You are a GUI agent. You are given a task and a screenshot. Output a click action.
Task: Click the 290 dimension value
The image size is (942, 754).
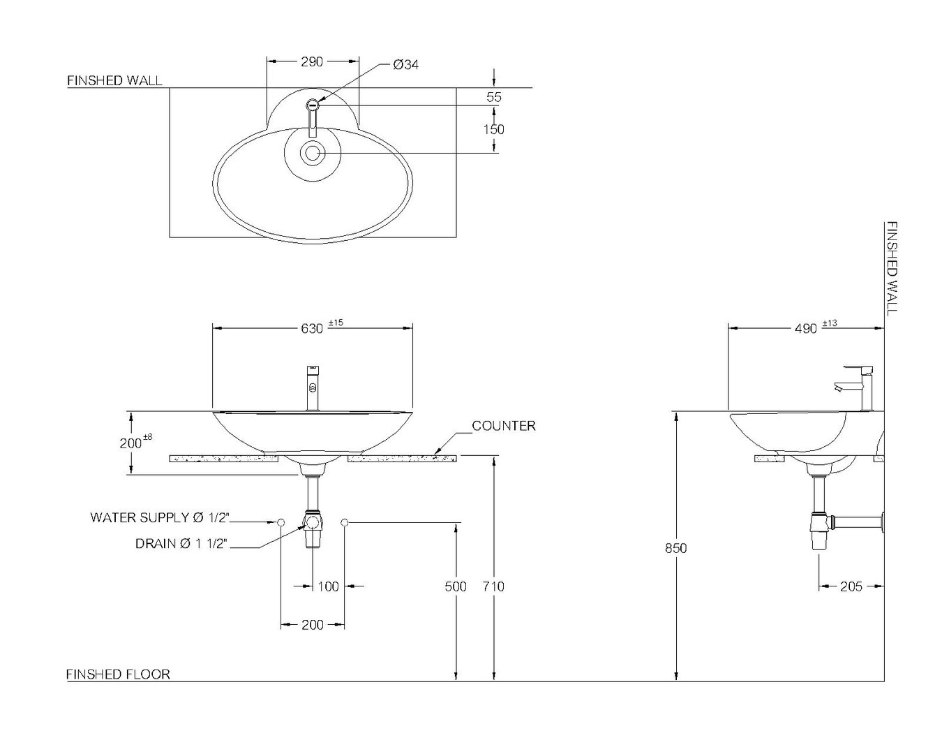[x=312, y=61]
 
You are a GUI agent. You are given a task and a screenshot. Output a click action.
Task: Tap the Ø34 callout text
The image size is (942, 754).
[x=405, y=64]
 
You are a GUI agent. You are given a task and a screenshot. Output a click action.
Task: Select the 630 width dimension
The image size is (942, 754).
[x=312, y=327]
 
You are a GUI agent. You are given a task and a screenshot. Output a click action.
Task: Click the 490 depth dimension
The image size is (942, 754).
[x=805, y=327]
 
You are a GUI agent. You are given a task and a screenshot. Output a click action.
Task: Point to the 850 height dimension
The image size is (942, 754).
[x=675, y=548]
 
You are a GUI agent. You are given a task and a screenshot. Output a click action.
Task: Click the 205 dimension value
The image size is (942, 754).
[x=851, y=586]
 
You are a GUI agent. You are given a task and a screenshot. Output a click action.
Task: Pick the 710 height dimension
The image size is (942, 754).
[x=493, y=586]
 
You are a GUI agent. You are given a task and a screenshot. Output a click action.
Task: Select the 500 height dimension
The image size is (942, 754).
[x=456, y=586]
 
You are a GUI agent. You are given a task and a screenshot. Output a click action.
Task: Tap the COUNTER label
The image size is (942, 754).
[x=504, y=426]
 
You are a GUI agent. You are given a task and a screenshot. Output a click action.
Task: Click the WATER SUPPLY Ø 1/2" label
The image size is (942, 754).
[x=160, y=517]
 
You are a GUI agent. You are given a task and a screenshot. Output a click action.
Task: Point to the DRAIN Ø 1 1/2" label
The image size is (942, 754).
[x=181, y=543]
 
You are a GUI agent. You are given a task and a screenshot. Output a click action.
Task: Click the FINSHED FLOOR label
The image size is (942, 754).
[x=118, y=674]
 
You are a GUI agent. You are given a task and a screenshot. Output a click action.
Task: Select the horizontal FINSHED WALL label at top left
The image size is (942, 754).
[x=114, y=81]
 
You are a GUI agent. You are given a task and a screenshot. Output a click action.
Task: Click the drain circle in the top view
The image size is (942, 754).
[x=312, y=153]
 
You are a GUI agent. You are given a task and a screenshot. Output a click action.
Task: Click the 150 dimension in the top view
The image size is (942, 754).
[x=493, y=129]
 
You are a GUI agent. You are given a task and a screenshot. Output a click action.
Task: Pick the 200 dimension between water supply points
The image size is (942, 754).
[x=312, y=625]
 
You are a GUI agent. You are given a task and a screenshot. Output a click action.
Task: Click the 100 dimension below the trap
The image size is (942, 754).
[x=328, y=586]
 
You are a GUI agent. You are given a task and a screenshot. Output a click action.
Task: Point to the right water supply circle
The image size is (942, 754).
[x=345, y=522]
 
